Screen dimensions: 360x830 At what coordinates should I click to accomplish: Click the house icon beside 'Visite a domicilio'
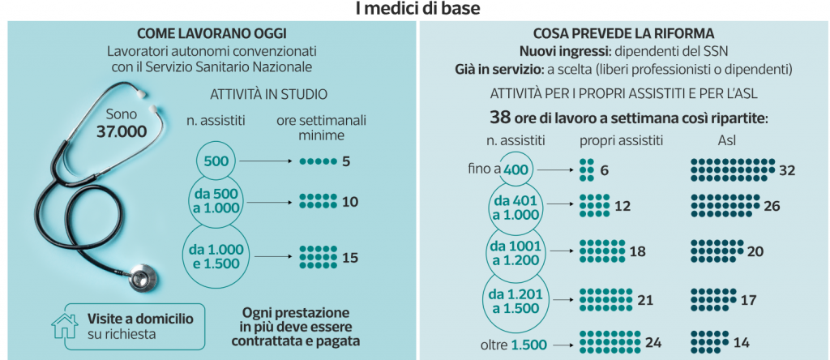tap(64, 325)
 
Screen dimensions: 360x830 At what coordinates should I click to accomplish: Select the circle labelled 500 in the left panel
tap(216, 161)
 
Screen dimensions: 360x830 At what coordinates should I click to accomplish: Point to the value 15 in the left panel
tap(350, 258)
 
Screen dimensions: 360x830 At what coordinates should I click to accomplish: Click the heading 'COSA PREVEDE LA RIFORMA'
tap(623, 34)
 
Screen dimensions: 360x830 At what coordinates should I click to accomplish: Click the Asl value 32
tap(786, 170)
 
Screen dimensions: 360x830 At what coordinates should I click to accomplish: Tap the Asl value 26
tap(771, 207)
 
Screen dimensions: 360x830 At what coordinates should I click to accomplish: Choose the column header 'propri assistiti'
tap(622, 140)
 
